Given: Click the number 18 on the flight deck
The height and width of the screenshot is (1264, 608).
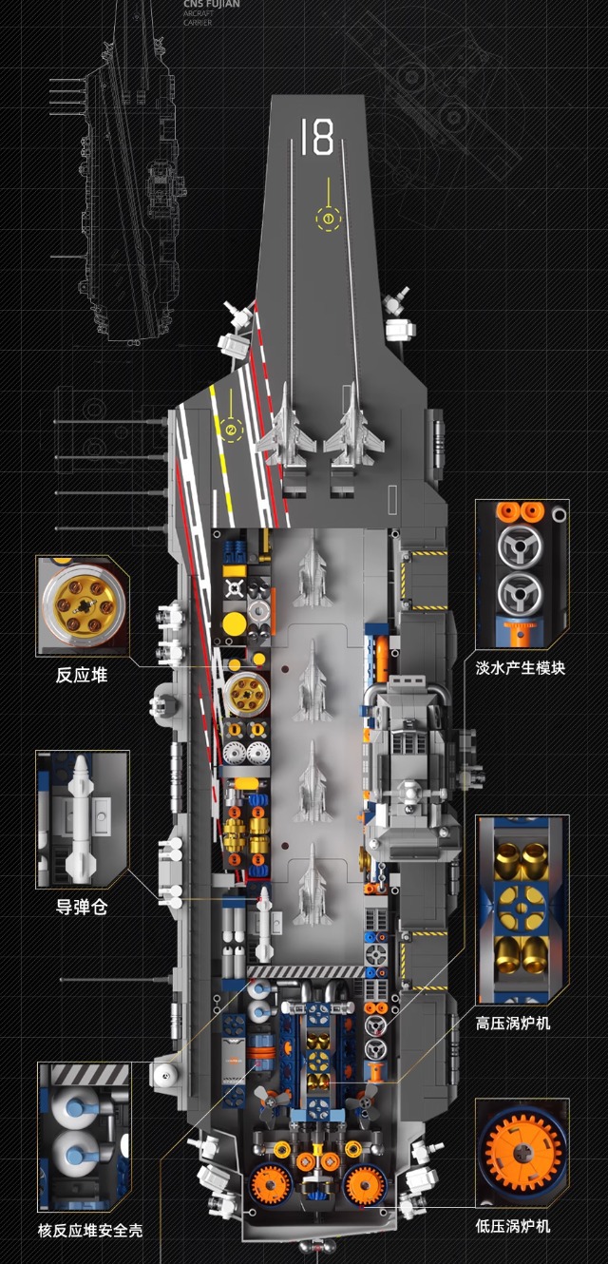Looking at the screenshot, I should click(317, 137).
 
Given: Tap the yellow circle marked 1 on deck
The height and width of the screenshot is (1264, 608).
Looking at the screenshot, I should click(329, 218).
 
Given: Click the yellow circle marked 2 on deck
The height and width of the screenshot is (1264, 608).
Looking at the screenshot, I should click(230, 430).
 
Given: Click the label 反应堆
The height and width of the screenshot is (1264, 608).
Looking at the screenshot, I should click(81, 676).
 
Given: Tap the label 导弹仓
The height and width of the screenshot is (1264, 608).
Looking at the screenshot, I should click(81, 907).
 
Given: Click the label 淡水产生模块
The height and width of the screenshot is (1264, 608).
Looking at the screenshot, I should click(521, 667).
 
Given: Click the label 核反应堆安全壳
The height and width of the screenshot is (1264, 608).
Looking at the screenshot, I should click(90, 1230).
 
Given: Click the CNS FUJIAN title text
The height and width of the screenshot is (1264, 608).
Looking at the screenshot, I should click(211, 5).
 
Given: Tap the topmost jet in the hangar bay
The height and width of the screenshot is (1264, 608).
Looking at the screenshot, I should click(310, 570).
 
